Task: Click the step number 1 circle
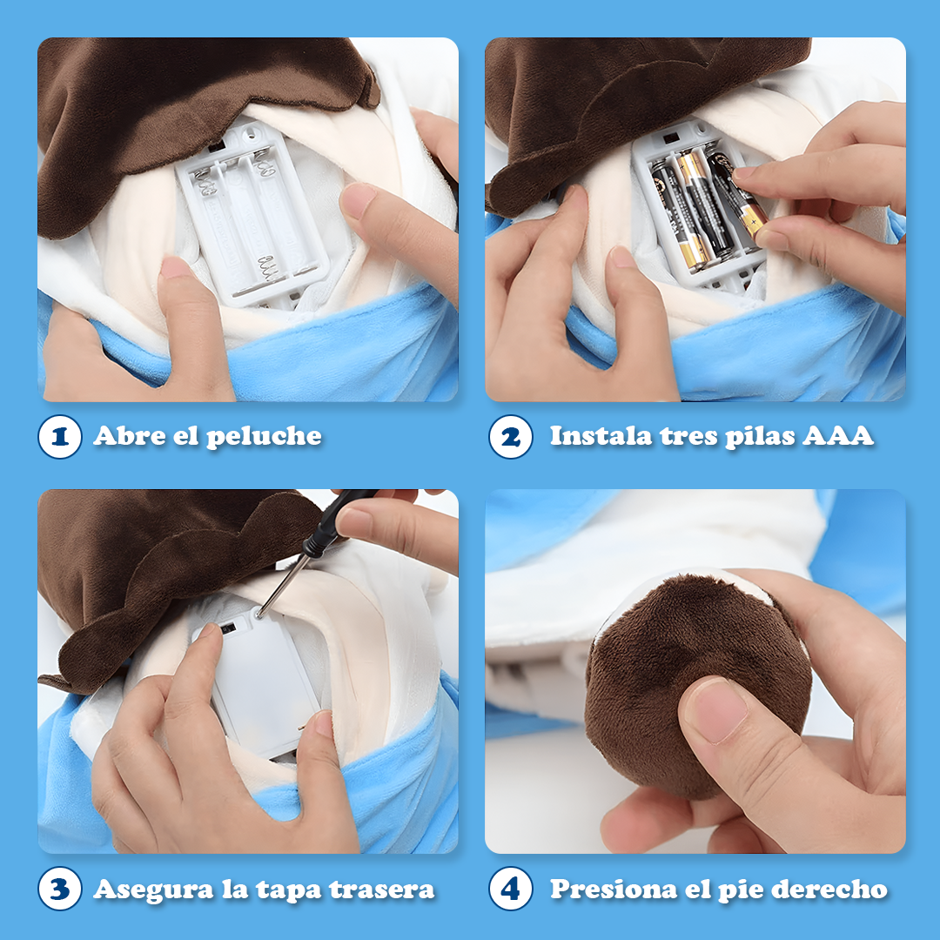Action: click(x=60, y=436)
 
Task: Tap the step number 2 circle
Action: click(x=510, y=436)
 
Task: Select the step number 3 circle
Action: click(x=60, y=889)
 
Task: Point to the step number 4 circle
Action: click(x=510, y=889)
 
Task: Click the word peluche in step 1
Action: click(x=264, y=437)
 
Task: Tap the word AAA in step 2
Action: click(x=837, y=436)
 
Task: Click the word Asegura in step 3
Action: click(x=153, y=890)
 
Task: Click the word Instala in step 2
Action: click(x=601, y=436)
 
